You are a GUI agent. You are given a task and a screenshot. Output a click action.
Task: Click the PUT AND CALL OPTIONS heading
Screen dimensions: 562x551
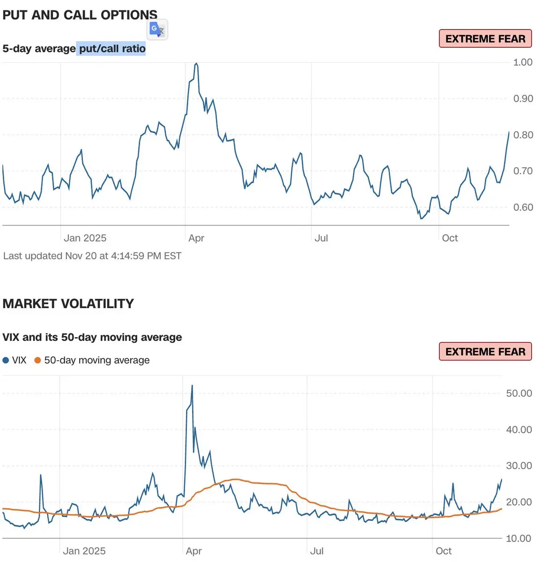(x=80, y=15)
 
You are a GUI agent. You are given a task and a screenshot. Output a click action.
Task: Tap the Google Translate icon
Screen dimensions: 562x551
(x=157, y=30)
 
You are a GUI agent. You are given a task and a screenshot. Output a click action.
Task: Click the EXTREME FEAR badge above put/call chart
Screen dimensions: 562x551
(x=485, y=39)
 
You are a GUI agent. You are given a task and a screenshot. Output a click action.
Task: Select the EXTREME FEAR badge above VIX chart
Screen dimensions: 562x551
(x=485, y=352)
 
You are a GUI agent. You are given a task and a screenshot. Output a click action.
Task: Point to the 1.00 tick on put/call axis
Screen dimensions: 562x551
(x=522, y=62)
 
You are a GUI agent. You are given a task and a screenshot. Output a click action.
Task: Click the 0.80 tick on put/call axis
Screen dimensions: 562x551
(x=522, y=135)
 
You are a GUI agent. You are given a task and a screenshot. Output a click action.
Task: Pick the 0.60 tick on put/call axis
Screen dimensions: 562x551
(x=522, y=207)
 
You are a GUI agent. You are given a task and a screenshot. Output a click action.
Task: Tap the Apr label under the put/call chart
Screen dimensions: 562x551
(x=196, y=238)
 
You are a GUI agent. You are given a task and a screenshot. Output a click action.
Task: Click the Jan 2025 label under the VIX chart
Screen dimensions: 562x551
(x=84, y=551)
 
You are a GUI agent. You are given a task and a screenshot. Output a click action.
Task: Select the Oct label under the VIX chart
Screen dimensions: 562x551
(x=444, y=551)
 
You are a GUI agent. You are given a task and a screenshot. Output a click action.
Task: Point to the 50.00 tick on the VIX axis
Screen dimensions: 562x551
(x=519, y=393)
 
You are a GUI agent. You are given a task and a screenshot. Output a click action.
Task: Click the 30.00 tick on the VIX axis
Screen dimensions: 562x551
(x=519, y=466)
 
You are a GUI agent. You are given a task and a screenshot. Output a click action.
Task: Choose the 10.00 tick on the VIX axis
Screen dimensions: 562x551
(x=519, y=539)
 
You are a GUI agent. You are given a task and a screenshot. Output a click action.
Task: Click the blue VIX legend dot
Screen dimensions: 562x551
(x=6, y=361)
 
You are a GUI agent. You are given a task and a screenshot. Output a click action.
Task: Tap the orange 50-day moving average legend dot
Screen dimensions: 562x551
(x=37, y=361)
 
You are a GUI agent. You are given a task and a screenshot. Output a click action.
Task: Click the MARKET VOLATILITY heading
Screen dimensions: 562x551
(x=68, y=304)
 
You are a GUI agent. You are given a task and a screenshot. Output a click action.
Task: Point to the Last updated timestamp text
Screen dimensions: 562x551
(x=92, y=256)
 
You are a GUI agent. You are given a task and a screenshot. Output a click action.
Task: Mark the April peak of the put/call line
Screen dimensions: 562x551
(x=196, y=63)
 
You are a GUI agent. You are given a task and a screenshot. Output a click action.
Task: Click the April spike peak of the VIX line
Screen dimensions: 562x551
(x=192, y=386)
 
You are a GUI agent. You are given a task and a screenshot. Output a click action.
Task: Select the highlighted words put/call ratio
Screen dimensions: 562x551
(x=112, y=49)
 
